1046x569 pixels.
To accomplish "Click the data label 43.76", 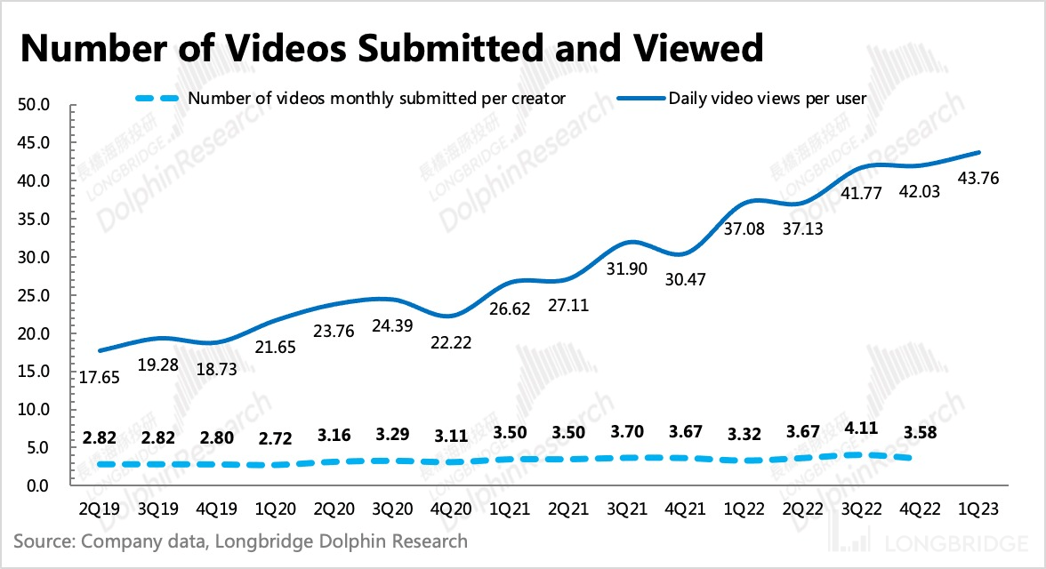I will tap(978, 179).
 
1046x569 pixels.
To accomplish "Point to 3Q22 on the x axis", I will tap(863, 513).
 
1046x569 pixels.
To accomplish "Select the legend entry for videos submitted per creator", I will tap(376, 98).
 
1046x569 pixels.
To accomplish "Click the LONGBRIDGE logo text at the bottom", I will tap(959, 541).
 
